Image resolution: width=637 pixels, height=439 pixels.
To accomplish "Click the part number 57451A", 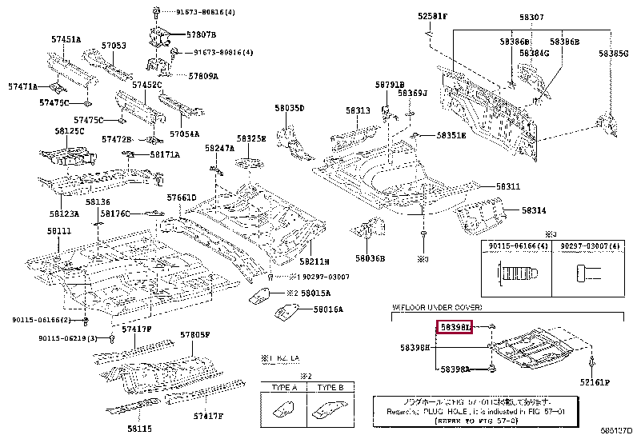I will point(66,39).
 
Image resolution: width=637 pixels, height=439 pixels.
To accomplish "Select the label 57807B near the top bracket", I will point(201,35).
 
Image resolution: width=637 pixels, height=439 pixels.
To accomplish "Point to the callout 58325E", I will point(250,138).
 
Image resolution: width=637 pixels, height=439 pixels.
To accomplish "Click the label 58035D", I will point(290,108).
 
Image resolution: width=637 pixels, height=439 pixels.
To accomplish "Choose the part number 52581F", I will point(433,16).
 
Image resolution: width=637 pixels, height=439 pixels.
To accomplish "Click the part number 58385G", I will point(614,53).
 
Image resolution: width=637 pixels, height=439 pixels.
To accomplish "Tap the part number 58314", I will point(535,210).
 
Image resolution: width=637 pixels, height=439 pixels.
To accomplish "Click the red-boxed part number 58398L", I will point(455,328).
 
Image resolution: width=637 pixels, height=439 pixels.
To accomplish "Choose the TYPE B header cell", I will point(329,387).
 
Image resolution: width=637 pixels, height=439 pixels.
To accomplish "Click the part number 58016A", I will point(328,309).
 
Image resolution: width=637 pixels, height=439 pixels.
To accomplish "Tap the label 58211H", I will point(314,261).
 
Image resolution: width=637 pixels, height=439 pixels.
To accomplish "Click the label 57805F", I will point(194,335).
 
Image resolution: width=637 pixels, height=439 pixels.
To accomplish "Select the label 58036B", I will point(371,258).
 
